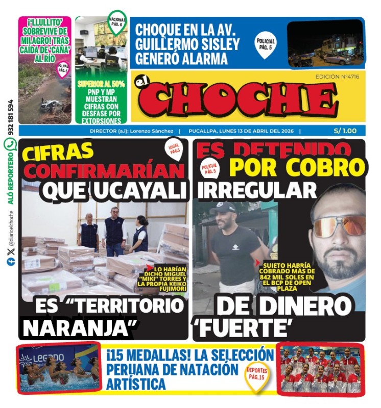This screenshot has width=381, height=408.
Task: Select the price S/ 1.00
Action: click(345, 131)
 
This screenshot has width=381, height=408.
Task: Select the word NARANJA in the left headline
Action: click(77, 327)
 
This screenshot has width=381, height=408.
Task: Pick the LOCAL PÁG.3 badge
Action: click(174, 149)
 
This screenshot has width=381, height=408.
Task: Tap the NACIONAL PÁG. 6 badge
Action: click(117, 21)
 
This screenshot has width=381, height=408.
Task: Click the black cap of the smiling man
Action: click(223, 208)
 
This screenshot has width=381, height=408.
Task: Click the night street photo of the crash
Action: click(325, 44)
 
